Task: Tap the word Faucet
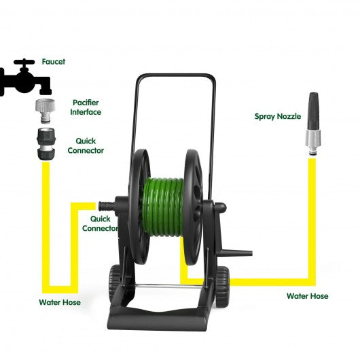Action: (x=54, y=62)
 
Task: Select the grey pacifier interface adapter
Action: (x=46, y=111)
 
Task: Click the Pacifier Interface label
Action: (x=86, y=107)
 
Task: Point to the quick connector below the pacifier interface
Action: (x=46, y=144)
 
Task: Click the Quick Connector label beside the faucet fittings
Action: (x=86, y=146)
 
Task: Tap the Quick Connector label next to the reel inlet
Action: (x=100, y=223)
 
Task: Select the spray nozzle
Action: (x=313, y=124)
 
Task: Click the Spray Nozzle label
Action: (x=278, y=116)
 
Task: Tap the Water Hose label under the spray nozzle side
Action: (x=308, y=296)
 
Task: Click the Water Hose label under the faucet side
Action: (x=60, y=302)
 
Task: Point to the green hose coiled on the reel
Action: (x=163, y=207)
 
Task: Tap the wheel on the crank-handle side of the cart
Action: (x=222, y=287)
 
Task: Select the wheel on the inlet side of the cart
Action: (x=115, y=283)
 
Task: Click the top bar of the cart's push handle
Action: (x=176, y=75)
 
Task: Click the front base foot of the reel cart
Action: (x=158, y=321)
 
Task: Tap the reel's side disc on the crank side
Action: (x=194, y=207)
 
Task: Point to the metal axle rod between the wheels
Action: (x=168, y=286)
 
